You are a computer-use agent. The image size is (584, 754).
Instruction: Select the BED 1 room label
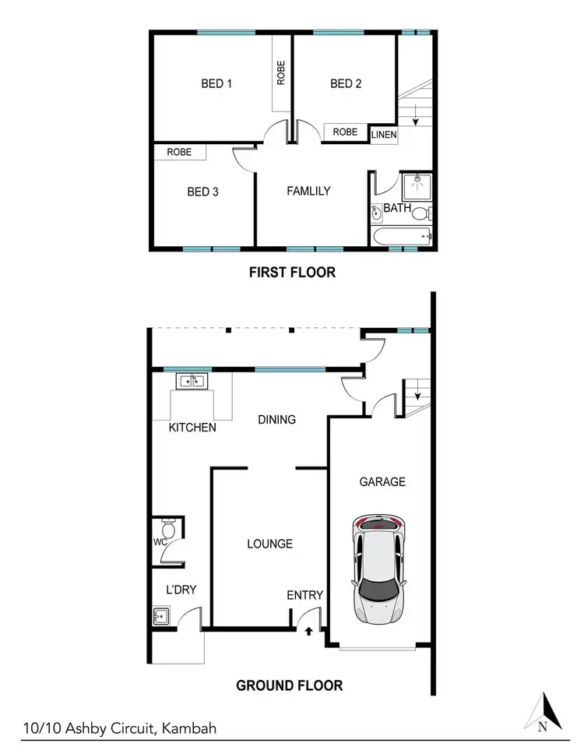[216, 84]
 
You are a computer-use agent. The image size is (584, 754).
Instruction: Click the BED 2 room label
[346, 84]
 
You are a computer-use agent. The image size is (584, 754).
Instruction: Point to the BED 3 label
[202, 192]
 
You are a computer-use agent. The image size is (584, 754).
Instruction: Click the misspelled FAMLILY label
[308, 191]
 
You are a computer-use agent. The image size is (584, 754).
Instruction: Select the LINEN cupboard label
[383, 136]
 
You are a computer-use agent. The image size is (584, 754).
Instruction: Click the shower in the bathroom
[417, 188]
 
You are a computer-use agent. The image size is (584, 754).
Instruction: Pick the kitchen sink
[191, 381]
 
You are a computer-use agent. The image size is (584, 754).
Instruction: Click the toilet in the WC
[164, 527]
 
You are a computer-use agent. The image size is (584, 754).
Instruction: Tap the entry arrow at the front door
[309, 632]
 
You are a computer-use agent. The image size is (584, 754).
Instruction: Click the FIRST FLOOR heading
[292, 273]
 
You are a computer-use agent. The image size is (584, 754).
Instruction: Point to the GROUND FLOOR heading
[289, 685]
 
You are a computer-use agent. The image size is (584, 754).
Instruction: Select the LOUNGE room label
[269, 544]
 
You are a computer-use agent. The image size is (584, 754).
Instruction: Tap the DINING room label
[277, 420]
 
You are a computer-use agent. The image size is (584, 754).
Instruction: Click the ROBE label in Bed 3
[180, 153]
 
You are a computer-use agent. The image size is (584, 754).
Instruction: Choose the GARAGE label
[382, 482]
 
